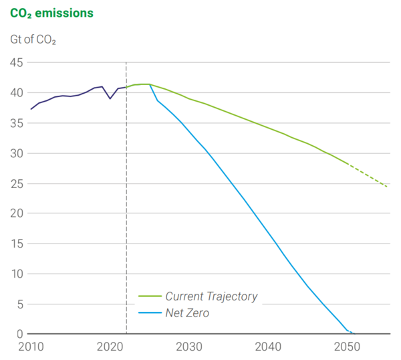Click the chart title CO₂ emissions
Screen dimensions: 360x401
[x=51, y=13]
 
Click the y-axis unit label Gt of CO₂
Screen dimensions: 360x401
[x=33, y=40]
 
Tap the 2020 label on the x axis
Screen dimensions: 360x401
[x=110, y=348]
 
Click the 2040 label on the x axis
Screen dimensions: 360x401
[x=268, y=348]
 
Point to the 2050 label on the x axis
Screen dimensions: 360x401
[x=347, y=348]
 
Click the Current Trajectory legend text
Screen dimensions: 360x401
[x=211, y=296]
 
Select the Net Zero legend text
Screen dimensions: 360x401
[x=187, y=312]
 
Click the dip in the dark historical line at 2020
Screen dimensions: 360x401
[x=110, y=98]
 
